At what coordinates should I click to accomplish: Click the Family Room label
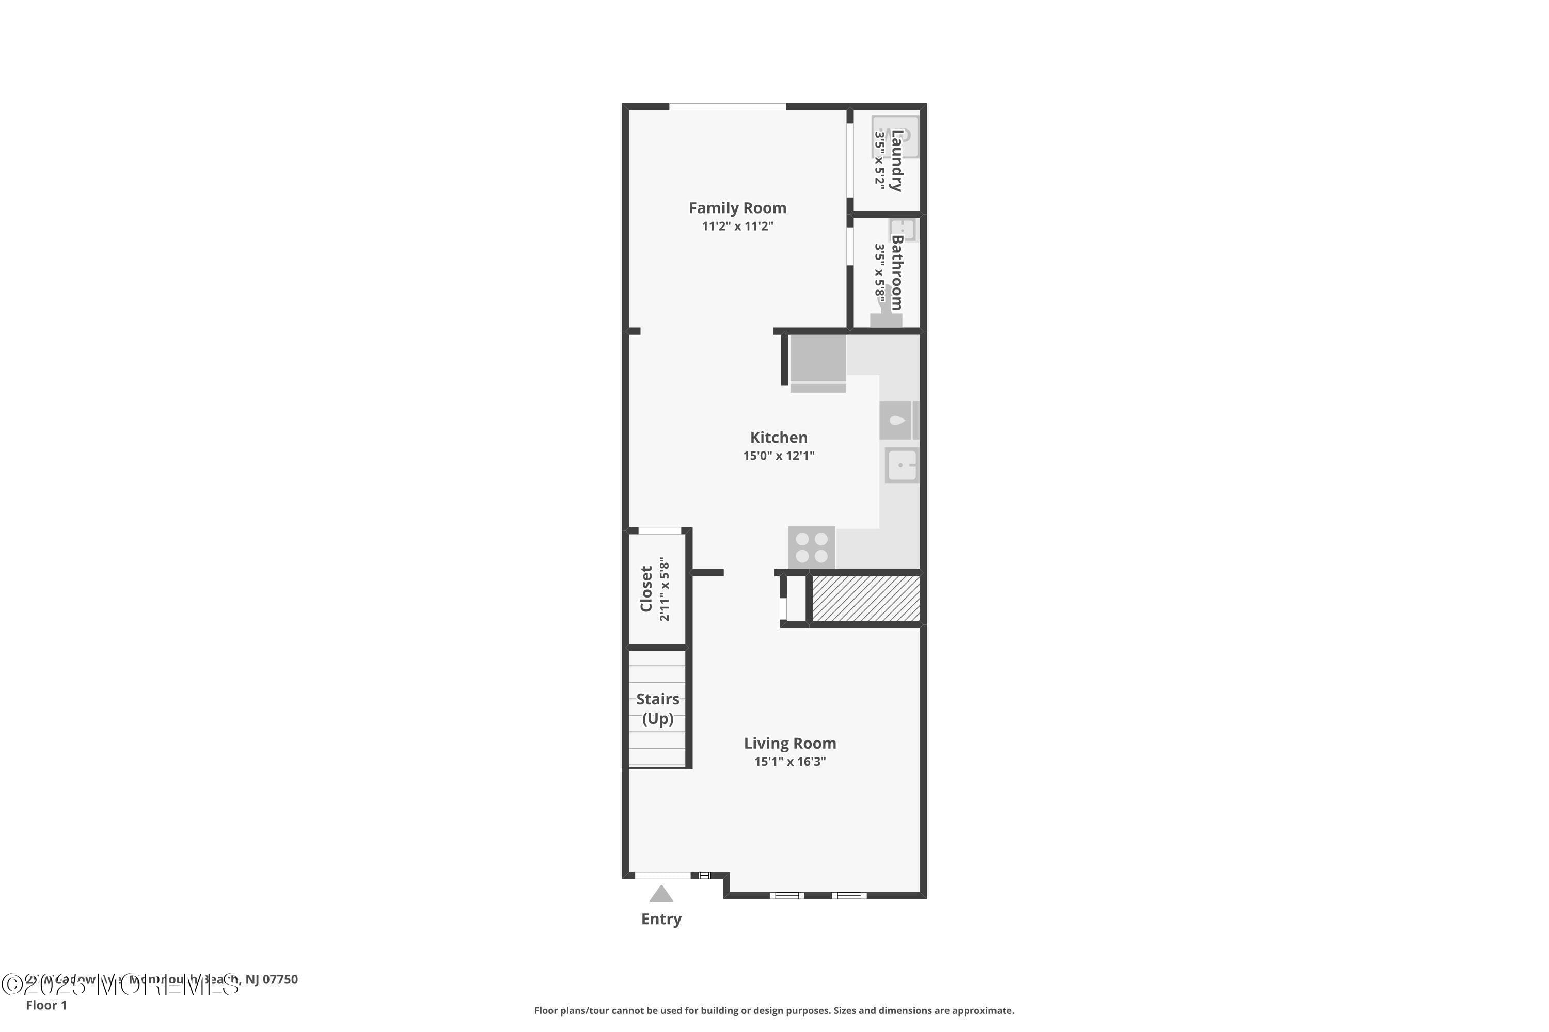737,208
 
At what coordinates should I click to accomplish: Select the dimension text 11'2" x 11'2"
737,227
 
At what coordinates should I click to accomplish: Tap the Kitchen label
779,438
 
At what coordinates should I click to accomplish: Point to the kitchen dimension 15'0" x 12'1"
779,456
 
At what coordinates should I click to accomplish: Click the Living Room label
789,743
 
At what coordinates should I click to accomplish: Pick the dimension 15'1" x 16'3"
789,762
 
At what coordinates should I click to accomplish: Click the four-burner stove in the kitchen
811,547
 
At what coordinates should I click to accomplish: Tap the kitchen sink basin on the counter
901,465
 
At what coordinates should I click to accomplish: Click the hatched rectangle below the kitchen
865,598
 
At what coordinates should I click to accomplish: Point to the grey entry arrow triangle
661,894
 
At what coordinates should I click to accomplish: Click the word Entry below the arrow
661,919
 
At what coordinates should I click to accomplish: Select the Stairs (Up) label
657,708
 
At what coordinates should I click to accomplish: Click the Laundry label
896,160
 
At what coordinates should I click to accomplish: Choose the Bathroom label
896,272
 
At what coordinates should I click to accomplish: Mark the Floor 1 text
46,1005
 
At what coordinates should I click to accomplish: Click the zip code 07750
280,979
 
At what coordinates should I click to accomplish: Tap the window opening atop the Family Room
727,107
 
